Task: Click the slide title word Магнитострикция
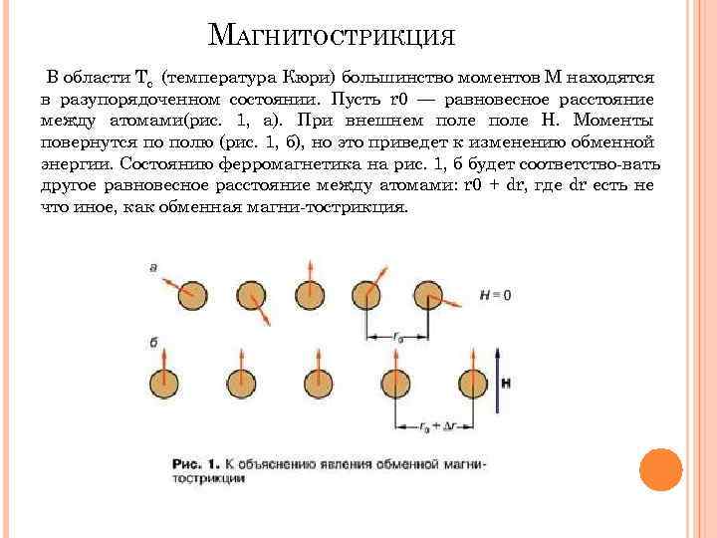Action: click(x=334, y=37)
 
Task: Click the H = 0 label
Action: click(x=495, y=295)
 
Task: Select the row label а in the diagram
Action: click(x=152, y=267)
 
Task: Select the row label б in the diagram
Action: click(x=153, y=342)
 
